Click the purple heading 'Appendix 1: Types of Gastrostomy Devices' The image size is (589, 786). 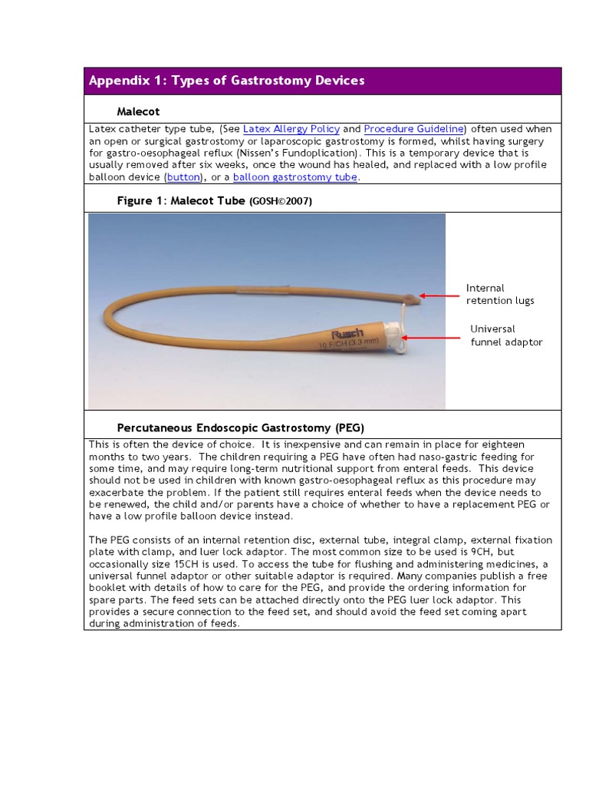tap(227, 81)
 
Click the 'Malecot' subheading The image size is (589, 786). tap(138, 111)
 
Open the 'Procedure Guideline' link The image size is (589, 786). tap(414, 129)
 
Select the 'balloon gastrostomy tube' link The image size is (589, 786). tap(295, 177)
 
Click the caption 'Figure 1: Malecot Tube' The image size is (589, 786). tap(181, 200)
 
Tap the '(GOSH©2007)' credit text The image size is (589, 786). tap(281, 201)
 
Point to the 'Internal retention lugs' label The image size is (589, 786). tap(499, 294)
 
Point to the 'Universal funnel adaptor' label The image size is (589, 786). tap(506, 335)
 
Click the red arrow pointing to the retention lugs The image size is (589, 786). tap(439, 296)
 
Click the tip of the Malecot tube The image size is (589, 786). tap(417, 296)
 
